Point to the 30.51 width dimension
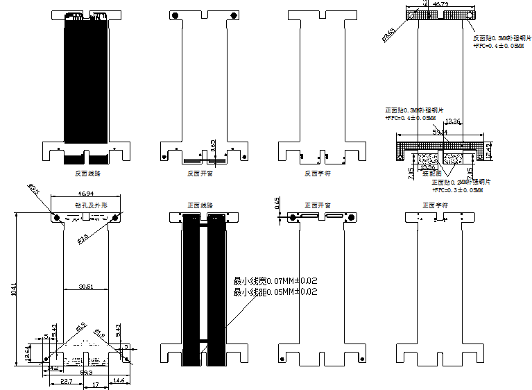click(86, 286)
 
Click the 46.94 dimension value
click(86, 195)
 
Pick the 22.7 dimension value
click(67, 381)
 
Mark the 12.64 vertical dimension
click(28, 353)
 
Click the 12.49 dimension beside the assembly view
click(488, 151)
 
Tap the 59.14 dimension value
click(440, 131)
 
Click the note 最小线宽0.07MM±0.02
click(275, 280)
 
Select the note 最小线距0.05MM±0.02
click(275, 292)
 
